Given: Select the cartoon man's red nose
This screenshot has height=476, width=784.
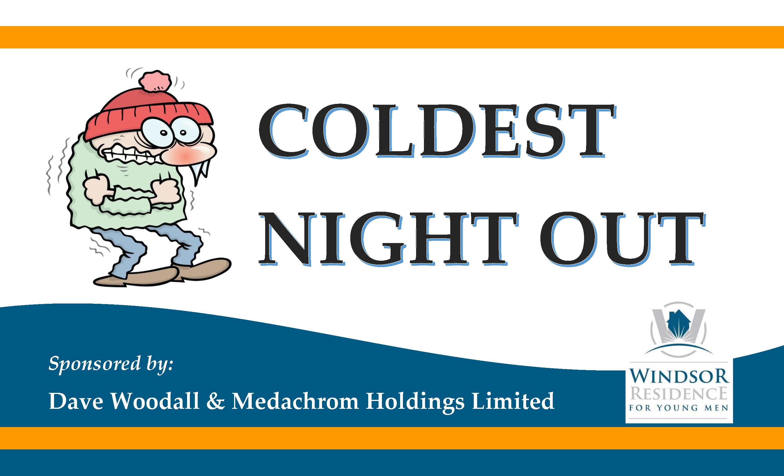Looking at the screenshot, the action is pyautogui.click(x=191, y=153).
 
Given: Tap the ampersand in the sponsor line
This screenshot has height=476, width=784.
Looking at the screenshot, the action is pyautogui.click(x=215, y=401).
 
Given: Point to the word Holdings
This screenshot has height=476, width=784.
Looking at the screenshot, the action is pyautogui.click(x=415, y=403).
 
